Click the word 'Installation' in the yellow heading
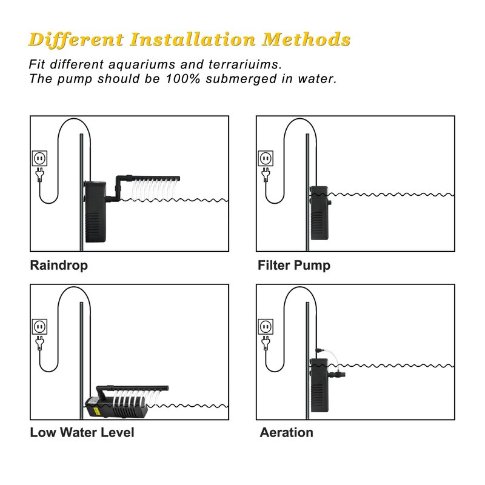pyautogui.click(x=193, y=39)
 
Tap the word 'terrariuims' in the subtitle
pyautogui.click(x=245, y=64)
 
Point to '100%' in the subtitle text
pyautogui.click(x=183, y=79)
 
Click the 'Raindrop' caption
pyautogui.click(x=59, y=266)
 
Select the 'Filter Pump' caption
pyautogui.click(x=294, y=266)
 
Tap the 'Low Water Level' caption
pyautogui.click(x=82, y=432)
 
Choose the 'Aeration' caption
pyautogui.click(x=286, y=432)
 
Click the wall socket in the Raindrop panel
pyautogui.click(x=40, y=158)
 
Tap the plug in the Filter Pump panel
pyautogui.click(x=266, y=175)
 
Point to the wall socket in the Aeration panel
pyautogui.click(x=266, y=327)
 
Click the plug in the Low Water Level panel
pyautogui.click(x=40, y=343)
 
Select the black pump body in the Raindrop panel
pyautogui.click(x=96, y=212)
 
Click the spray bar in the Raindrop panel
pyautogui.click(x=147, y=179)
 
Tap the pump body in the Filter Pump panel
pyautogui.click(x=319, y=213)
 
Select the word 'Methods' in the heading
pyautogui.click(x=306, y=39)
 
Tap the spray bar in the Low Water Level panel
pyautogui.click(x=132, y=389)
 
